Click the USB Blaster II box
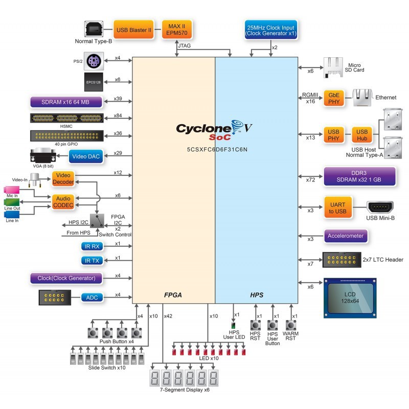tap(134, 30)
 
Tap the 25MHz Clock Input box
tap(271, 30)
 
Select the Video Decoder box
tap(63, 178)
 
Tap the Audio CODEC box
tap(63, 201)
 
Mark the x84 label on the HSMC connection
tap(118, 116)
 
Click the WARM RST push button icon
tap(291, 325)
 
